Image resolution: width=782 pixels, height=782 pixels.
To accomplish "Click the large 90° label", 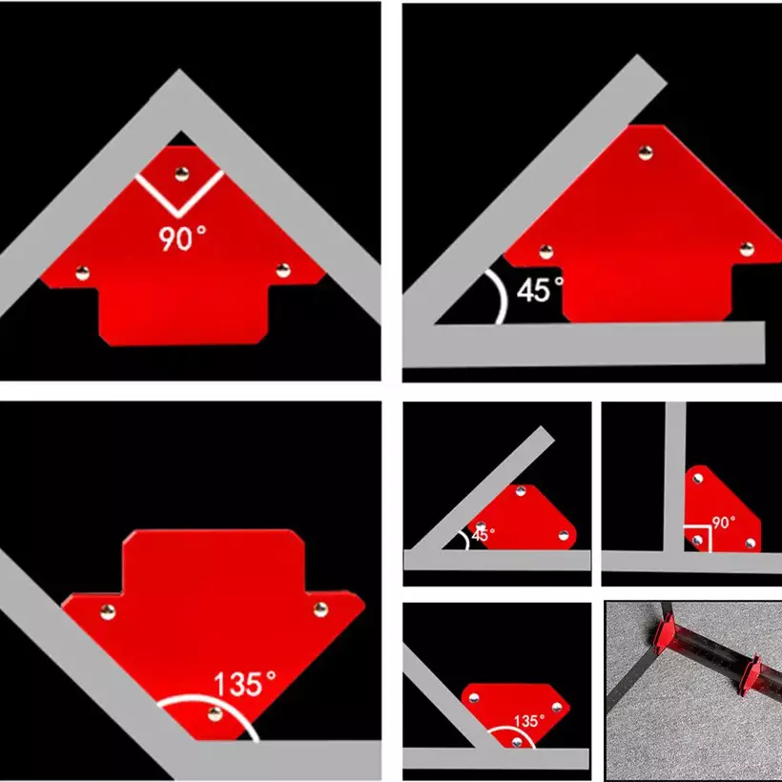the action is coord(182,237).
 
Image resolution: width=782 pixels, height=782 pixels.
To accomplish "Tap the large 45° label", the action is coord(540,289).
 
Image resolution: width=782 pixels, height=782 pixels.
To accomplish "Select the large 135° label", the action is coord(245,683).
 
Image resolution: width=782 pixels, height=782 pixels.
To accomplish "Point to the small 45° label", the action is coord(484,535).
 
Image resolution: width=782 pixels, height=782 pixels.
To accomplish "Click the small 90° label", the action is coord(724,523).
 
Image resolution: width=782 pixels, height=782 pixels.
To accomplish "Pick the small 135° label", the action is coord(529,721).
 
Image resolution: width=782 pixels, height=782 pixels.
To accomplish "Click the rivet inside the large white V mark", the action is coord(181,175).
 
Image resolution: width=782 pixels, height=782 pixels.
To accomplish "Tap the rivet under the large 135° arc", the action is coord(215,713).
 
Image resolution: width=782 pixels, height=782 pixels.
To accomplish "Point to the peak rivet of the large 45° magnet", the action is coord(646,154).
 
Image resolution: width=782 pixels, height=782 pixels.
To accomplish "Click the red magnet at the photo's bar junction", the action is coord(663,637).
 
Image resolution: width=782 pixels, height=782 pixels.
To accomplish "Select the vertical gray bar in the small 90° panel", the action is coord(675,476).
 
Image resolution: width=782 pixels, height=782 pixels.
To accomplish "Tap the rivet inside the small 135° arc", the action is coord(517,742).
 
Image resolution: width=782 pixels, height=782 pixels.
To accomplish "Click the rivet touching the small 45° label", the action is coord(481,526).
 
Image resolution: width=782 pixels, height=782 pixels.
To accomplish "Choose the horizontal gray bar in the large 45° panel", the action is coord(584,344).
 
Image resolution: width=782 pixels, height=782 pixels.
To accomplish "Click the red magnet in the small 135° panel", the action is coord(515,714).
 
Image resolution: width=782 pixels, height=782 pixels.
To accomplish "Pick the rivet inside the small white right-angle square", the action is coord(698,540).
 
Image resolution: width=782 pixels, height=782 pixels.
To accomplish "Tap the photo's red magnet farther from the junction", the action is coord(749,675).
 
